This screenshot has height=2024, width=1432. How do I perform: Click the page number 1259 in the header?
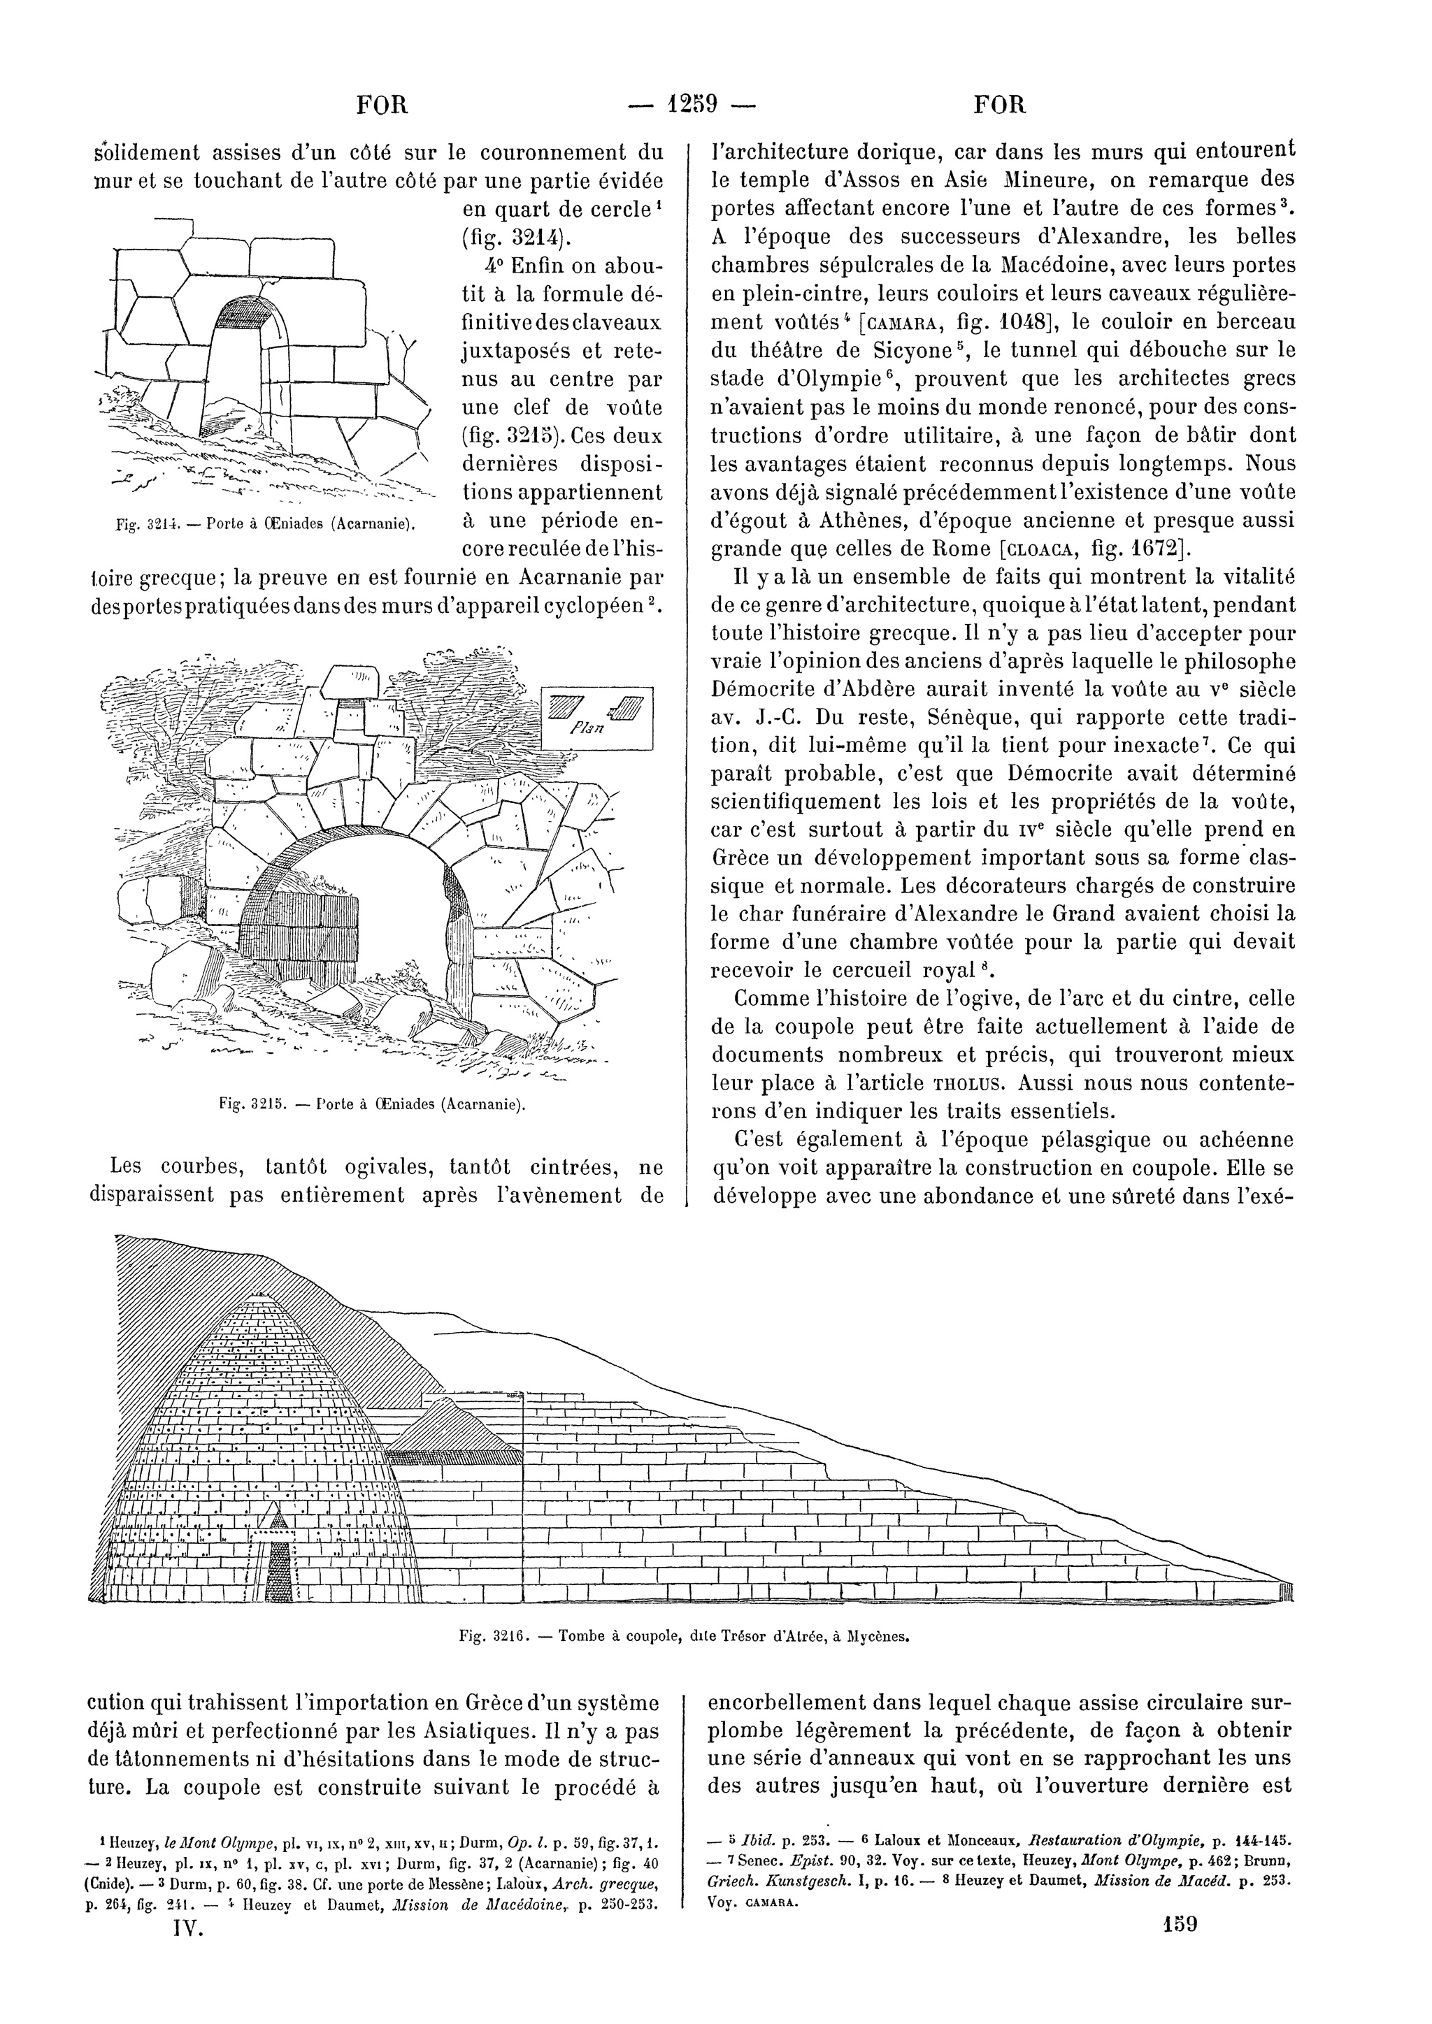click(693, 105)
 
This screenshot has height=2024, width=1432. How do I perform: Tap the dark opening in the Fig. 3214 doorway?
click(243, 312)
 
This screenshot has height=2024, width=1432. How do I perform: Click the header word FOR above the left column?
click(382, 106)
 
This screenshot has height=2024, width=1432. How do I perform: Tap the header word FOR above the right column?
click(1001, 106)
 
